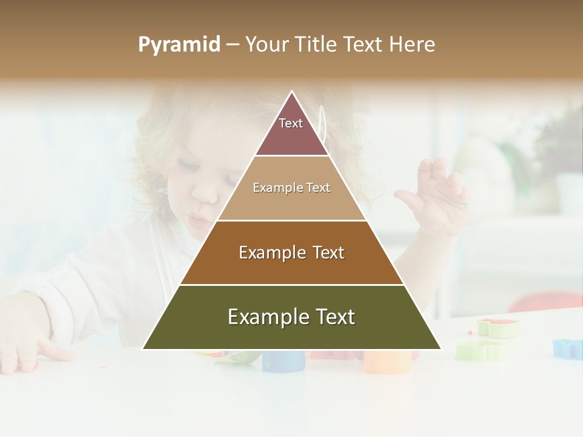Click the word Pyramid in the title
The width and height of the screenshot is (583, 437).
point(179,45)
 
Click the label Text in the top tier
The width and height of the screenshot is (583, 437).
point(291,123)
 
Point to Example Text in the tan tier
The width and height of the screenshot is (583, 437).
point(291,188)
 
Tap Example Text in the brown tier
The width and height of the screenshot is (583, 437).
point(291,252)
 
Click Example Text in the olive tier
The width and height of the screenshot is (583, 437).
point(291,317)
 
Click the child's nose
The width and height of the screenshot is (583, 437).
point(208,193)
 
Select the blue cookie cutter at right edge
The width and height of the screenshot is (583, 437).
point(567,348)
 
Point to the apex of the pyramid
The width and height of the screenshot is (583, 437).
point(292,93)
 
